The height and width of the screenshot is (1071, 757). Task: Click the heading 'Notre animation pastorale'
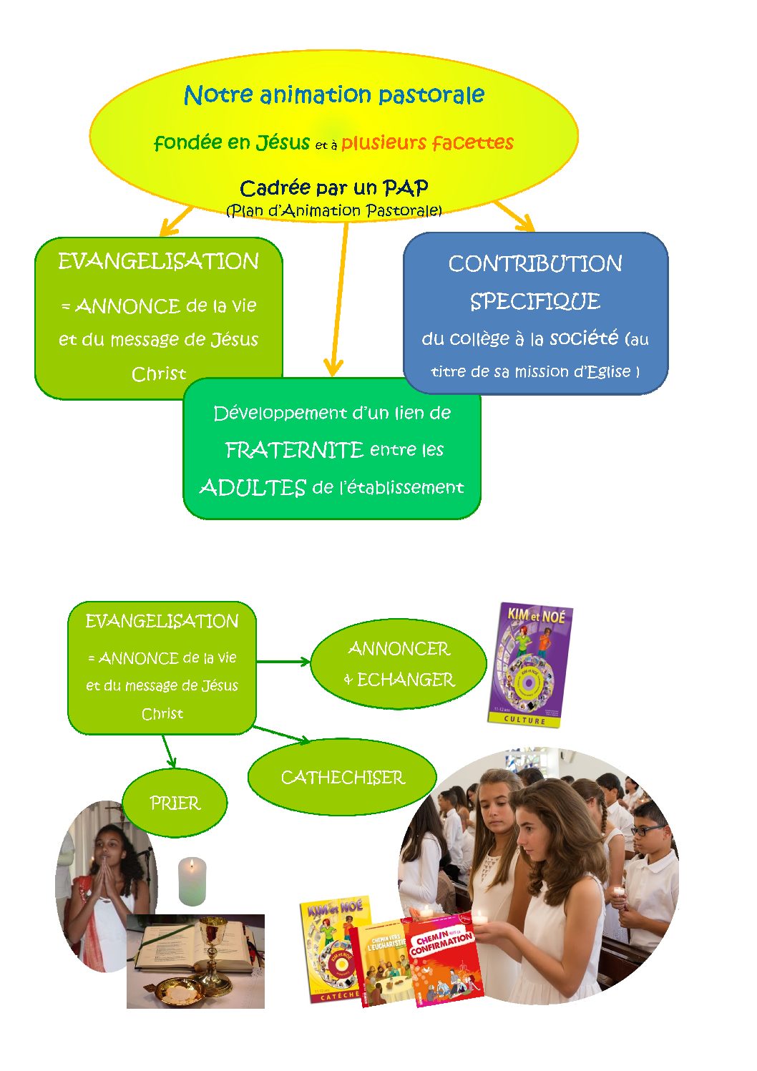click(x=334, y=94)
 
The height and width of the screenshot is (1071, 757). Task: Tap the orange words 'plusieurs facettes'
click(x=427, y=142)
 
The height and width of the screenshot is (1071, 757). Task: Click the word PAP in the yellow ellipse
click(x=406, y=188)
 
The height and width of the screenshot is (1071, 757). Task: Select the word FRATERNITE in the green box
click(x=294, y=450)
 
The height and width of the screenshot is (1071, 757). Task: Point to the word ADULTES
click(x=253, y=488)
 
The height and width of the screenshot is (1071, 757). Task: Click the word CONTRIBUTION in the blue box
click(x=535, y=264)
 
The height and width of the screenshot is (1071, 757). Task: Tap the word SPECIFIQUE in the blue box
click(x=535, y=301)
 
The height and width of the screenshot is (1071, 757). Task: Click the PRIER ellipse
click(x=175, y=803)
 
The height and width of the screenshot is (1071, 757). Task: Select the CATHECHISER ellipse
click(x=342, y=777)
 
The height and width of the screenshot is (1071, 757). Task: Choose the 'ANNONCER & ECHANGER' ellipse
click(x=399, y=664)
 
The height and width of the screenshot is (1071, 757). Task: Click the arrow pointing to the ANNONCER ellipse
click(x=283, y=661)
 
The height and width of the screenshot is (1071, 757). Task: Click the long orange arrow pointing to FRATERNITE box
click(x=339, y=300)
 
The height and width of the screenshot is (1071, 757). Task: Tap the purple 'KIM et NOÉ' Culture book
click(x=531, y=665)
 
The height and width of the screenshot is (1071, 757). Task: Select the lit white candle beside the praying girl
click(x=192, y=881)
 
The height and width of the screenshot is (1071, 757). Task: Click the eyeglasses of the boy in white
click(x=648, y=831)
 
